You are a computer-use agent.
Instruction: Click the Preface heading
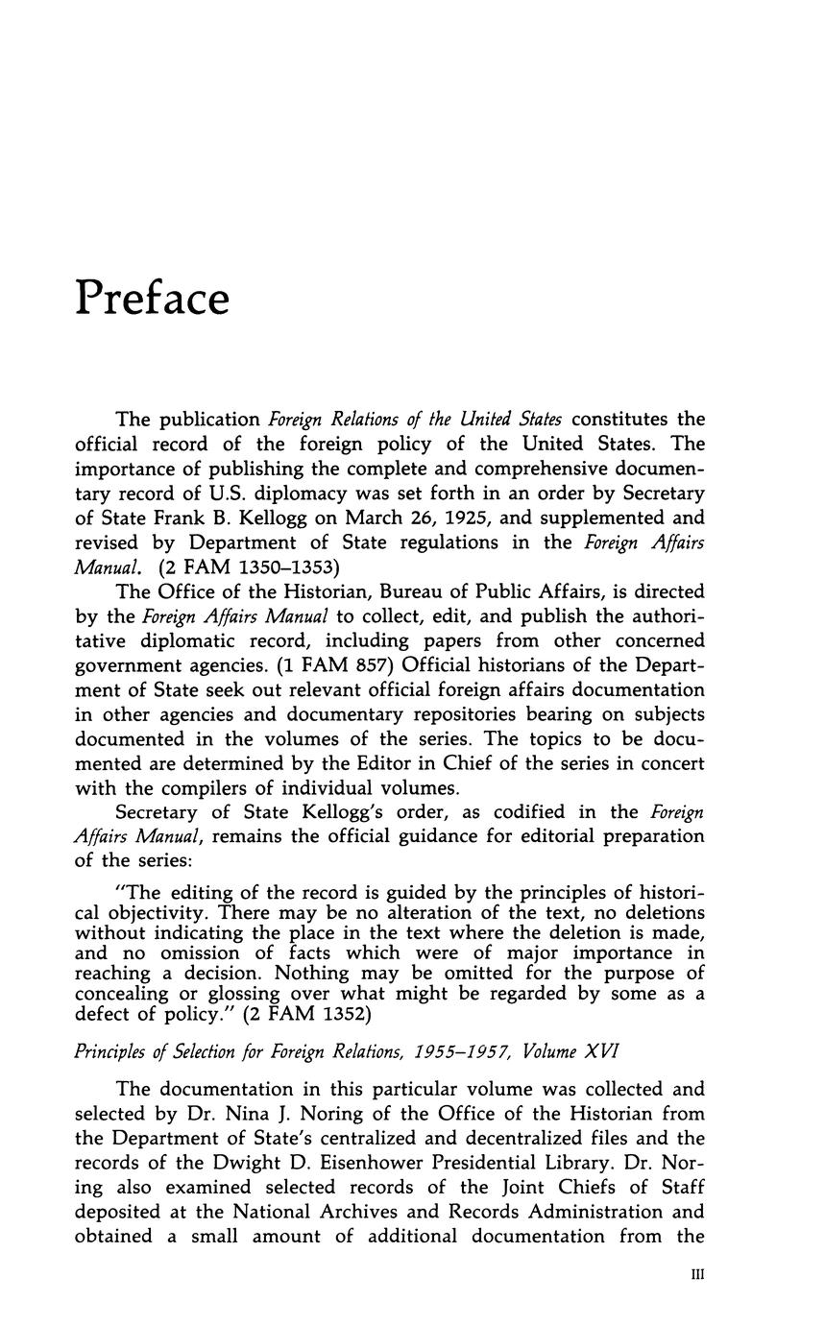pyautogui.click(x=153, y=298)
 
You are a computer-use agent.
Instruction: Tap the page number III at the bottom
pyautogui.click(x=698, y=1274)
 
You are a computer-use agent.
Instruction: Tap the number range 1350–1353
pyautogui.click(x=283, y=567)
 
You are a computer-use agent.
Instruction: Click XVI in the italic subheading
pyautogui.click(x=599, y=1051)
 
